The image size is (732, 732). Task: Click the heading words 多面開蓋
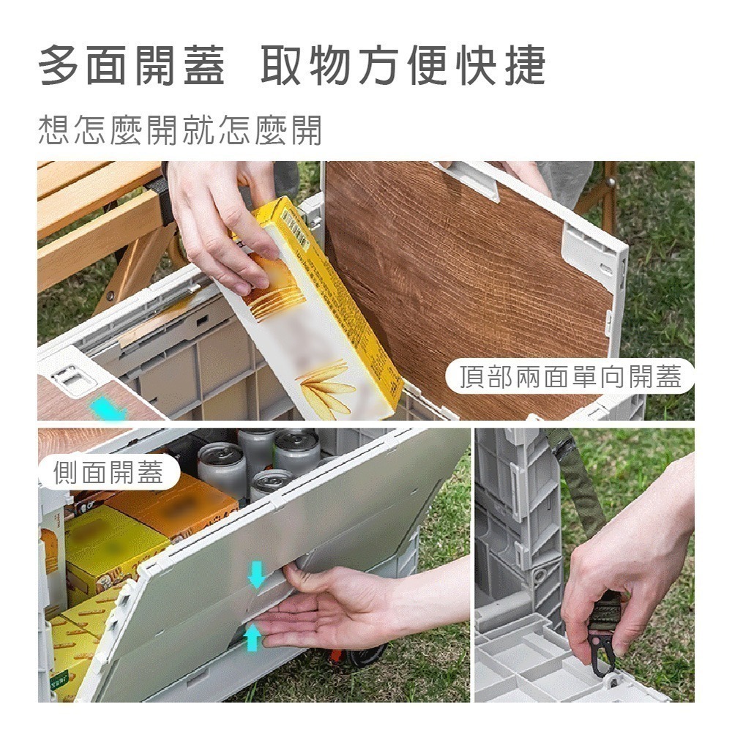coord(132,66)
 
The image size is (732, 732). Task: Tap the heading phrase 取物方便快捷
coord(403,66)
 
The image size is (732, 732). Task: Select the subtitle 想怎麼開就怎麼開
coord(179,130)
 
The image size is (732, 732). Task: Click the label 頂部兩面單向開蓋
coord(570,376)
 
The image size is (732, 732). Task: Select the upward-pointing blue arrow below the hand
coord(252,638)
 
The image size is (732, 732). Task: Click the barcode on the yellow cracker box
coord(296,223)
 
